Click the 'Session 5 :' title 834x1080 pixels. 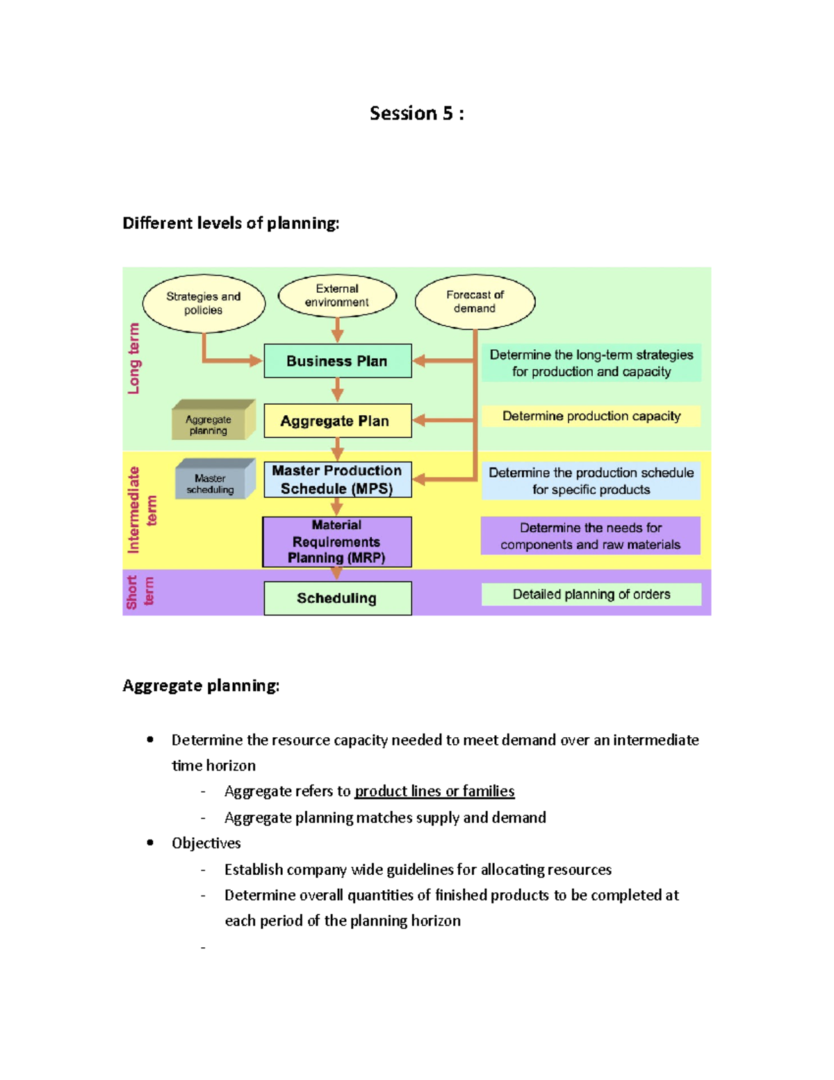(x=417, y=113)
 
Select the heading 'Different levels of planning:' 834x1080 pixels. (x=231, y=223)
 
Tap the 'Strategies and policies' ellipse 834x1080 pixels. (x=204, y=303)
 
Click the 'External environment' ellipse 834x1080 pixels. (x=337, y=296)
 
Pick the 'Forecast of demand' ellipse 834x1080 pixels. (x=475, y=302)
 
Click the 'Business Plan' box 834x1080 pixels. (x=337, y=361)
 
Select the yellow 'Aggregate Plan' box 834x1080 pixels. (x=337, y=421)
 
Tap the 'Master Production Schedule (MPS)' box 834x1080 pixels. (x=337, y=480)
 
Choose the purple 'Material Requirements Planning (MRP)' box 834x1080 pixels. (x=337, y=542)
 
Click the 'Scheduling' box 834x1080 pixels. (x=337, y=598)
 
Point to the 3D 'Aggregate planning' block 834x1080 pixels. (x=213, y=419)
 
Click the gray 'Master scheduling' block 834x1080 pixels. (x=215, y=478)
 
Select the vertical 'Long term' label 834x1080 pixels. (x=133, y=358)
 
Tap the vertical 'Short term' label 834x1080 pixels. (x=140, y=592)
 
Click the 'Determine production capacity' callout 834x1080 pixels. (x=591, y=416)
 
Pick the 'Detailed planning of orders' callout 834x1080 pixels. (x=591, y=595)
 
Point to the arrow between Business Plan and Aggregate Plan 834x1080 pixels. (x=337, y=390)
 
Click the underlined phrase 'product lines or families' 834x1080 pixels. (x=434, y=791)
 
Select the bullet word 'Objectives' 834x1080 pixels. (x=206, y=843)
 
